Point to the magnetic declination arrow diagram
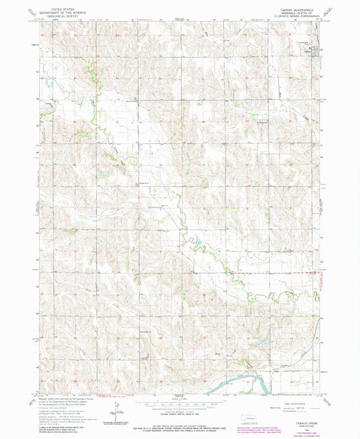point(117,409)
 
